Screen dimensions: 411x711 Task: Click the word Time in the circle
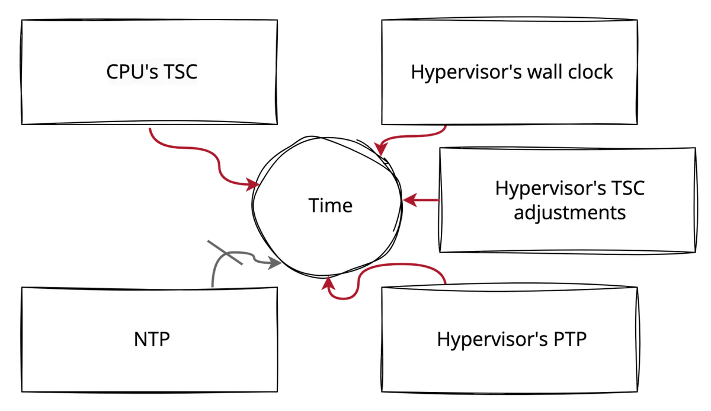330,205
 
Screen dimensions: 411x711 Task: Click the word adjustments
569,212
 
